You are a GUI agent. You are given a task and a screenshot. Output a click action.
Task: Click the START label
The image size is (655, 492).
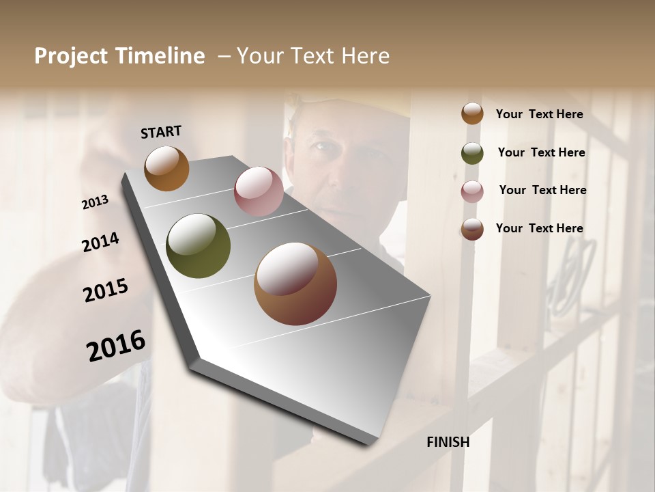tap(161, 132)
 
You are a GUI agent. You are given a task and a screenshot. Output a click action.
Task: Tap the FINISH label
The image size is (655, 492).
tap(448, 442)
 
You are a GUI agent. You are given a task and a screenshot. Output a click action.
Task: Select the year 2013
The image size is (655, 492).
tap(96, 202)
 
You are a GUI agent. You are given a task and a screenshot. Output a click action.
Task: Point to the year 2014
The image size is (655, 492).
tap(100, 243)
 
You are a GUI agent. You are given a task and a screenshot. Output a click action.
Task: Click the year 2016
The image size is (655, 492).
tap(116, 346)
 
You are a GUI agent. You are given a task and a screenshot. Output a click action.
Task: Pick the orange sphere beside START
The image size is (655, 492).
tap(166, 168)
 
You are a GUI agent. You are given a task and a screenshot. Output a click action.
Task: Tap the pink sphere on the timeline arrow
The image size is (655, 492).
tap(259, 191)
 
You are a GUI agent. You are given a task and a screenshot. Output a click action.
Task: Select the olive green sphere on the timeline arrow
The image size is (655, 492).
tap(198, 246)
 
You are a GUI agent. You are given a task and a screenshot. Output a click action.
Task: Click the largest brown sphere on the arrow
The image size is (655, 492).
tap(295, 284)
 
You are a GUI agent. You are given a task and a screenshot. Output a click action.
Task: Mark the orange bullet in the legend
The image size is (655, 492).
tap(472, 113)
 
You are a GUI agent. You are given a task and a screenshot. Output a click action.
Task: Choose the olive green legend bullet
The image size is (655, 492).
tap(472, 153)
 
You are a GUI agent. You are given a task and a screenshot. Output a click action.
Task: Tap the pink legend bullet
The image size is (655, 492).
tap(472, 191)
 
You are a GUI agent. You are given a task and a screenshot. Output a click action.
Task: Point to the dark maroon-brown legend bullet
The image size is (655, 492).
tap(472, 229)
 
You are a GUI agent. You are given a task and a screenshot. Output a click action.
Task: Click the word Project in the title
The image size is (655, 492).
tap(72, 56)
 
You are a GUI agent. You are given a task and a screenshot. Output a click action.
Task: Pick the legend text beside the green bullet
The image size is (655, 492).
tap(541, 152)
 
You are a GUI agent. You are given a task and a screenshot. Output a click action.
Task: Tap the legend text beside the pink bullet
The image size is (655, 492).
tap(542, 190)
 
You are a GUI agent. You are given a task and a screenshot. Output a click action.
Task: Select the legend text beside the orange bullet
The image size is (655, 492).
tap(539, 114)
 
